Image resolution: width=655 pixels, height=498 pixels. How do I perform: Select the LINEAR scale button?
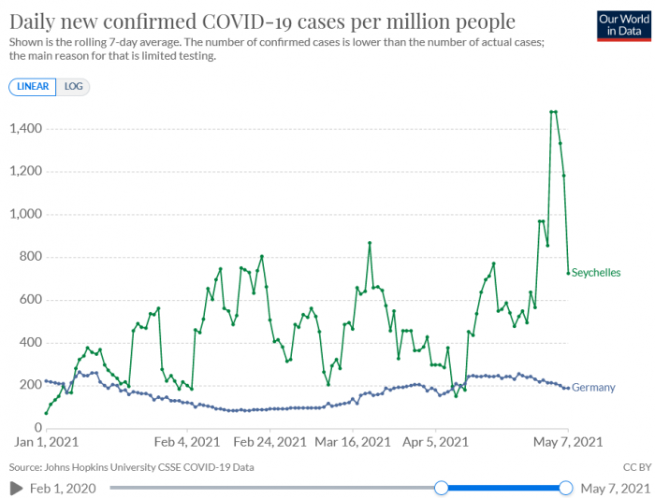point(33,86)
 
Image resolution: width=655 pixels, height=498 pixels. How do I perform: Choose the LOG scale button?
point(73,86)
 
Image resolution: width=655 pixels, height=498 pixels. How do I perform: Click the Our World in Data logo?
point(621,24)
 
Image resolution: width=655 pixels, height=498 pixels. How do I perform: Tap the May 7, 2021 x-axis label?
point(567,442)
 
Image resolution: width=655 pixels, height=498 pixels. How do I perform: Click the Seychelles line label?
point(595,272)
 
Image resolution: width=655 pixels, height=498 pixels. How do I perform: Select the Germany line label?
point(592,387)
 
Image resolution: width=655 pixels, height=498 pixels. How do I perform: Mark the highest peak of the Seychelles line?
point(553,112)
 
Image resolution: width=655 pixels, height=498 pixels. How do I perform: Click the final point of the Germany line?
point(567,388)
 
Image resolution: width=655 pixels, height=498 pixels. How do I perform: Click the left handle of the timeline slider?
point(442,487)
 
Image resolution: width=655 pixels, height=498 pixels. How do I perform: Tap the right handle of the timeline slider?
point(565,487)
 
